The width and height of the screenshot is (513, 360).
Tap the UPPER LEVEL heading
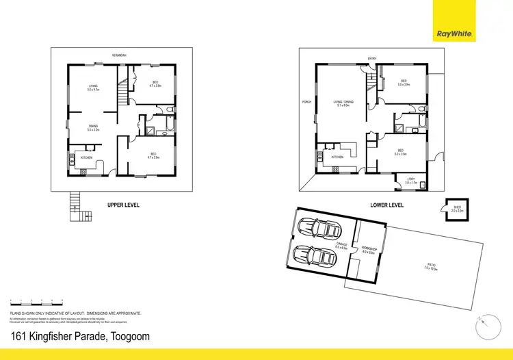point(123,204)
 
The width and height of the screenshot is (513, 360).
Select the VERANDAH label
point(122,55)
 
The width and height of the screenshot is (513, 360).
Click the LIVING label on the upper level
point(92,86)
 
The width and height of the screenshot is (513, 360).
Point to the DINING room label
point(92,126)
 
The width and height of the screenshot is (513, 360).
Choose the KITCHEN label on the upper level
point(87,158)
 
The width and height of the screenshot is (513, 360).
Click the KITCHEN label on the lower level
point(337,157)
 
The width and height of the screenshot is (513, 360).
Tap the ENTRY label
point(371,59)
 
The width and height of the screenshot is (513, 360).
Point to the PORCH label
point(306,102)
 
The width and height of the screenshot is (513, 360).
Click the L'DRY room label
point(410,180)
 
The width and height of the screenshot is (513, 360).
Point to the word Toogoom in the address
point(127,336)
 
